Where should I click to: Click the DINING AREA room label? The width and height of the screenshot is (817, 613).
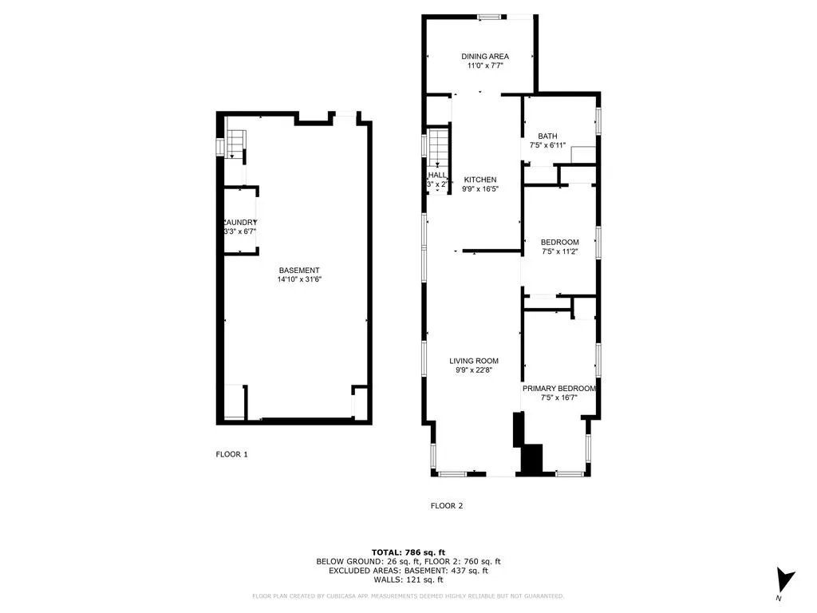tap(485, 56)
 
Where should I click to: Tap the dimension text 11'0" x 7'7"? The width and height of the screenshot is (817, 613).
tap(485, 66)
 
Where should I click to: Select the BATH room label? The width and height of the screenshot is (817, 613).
tap(547, 136)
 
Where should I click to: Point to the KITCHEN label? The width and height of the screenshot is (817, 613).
tap(480, 180)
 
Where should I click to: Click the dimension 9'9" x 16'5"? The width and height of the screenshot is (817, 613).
tap(480, 190)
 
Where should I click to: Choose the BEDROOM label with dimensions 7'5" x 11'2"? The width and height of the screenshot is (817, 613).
tap(559, 242)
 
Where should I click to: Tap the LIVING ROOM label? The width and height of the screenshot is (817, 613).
tap(476, 361)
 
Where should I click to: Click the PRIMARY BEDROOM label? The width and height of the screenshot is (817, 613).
tap(558, 389)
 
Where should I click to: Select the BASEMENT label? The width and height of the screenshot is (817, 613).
tap(299, 270)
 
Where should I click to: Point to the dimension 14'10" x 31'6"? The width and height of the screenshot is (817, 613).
tap(299, 280)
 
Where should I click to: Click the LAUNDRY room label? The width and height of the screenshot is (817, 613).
tap(239, 222)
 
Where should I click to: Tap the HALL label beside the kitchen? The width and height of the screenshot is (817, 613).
tap(437, 175)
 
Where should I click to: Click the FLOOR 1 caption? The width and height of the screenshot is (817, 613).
tap(232, 454)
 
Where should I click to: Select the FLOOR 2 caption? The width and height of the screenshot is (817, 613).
tap(447, 505)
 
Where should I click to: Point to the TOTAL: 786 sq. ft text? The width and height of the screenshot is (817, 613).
tap(408, 552)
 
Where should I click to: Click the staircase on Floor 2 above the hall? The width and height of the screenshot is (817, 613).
tap(438, 148)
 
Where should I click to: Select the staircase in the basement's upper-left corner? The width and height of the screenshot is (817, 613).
tap(234, 144)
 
